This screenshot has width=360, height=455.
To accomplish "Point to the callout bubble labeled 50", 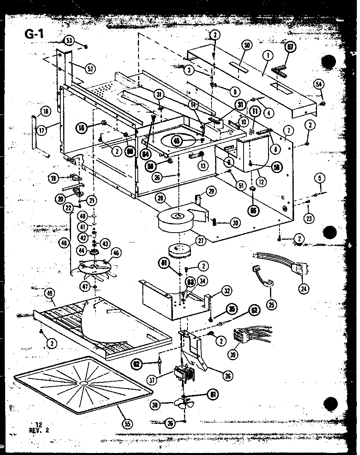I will point(247,46).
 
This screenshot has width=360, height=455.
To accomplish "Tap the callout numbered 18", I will point(46,112).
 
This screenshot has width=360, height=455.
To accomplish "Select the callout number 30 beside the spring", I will point(236,223).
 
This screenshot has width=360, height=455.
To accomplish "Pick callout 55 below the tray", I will point(126,424).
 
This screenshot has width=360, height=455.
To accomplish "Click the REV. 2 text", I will point(40,430).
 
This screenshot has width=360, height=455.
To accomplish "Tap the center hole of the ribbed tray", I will point(84,383).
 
